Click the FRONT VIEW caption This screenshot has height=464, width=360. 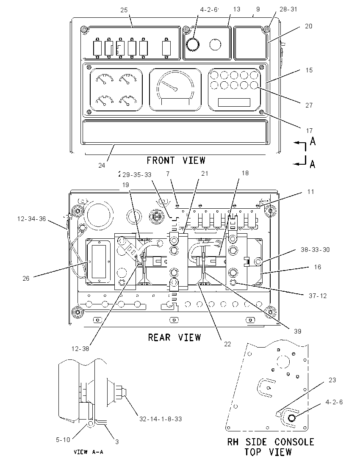pyautogui.click(x=176, y=160)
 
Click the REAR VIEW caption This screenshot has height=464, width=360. pyautogui.click(x=174, y=337)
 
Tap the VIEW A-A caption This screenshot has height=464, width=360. pyautogui.click(x=88, y=452)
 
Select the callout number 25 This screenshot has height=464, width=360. pyautogui.click(x=124, y=10)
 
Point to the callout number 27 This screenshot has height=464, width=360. pyautogui.click(x=309, y=105)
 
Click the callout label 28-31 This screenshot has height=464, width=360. pyautogui.click(x=288, y=9)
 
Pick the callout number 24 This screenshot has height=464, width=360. pyautogui.click(x=102, y=166)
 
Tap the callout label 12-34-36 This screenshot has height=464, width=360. pyautogui.click(x=32, y=219)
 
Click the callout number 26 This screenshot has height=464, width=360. pyautogui.click(x=26, y=279)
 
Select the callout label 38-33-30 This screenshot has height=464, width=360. pyautogui.click(x=315, y=250)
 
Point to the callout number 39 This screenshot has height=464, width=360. pyautogui.click(x=298, y=331)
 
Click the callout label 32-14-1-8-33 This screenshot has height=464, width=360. pyautogui.click(x=161, y=419)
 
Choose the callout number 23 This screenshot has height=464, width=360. pyautogui.click(x=332, y=380)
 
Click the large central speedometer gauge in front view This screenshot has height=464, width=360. pyautogui.click(x=175, y=90)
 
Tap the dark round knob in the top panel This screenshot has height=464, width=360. pyautogui.click(x=192, y=45)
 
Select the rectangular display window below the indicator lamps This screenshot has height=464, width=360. pyautogui.click(x=234, y=102)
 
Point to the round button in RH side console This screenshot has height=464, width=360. pyautogui.click(x=292, y=418)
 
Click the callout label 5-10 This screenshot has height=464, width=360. pyautogui.click(x=63, y=440)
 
